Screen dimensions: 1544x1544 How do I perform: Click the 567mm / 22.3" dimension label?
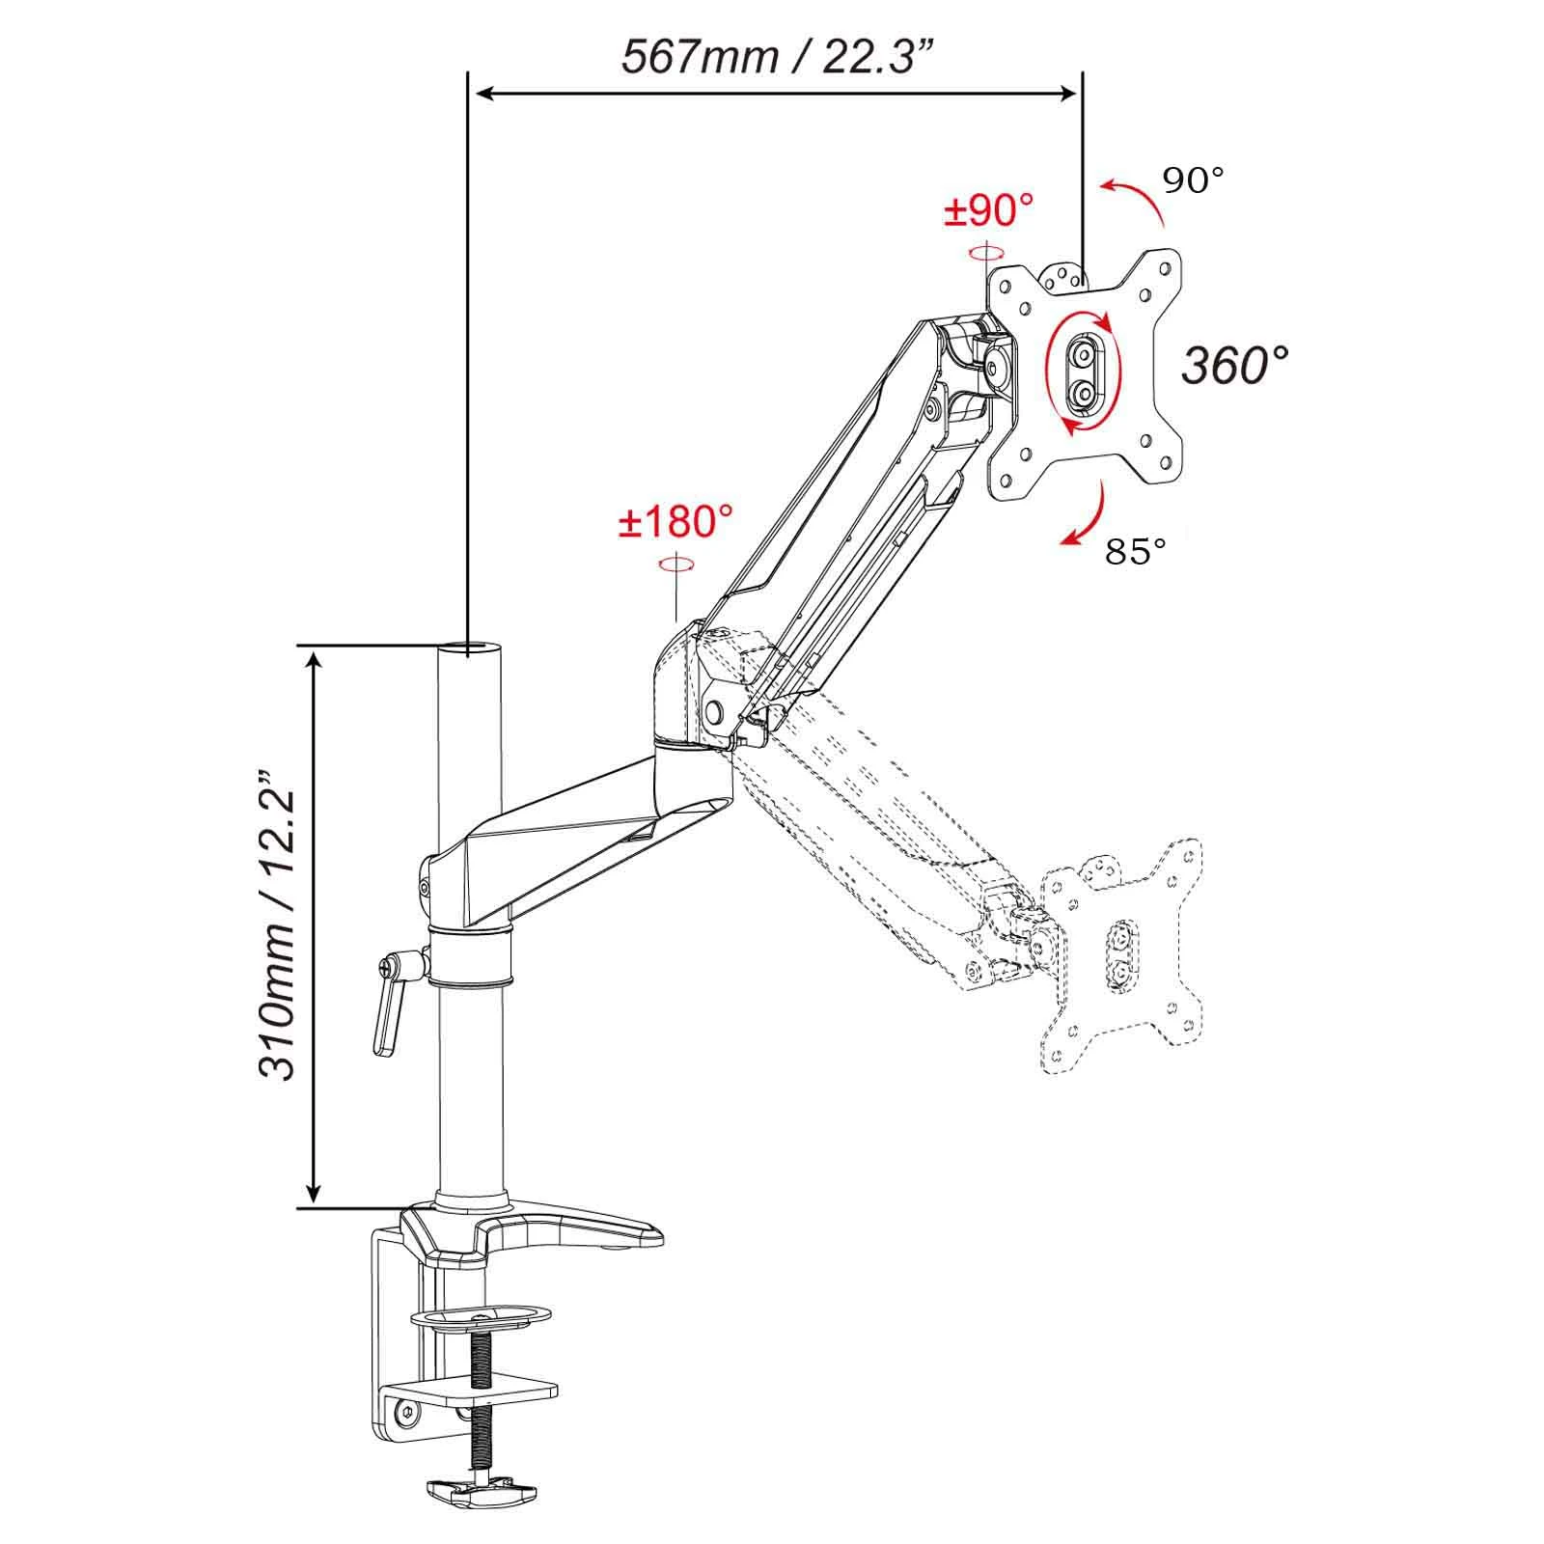click(x=778, y=56)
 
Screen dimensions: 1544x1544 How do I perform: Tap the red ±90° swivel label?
click(x=988, y=210)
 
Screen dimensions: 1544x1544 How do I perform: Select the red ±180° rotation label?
click(x=675, y=522)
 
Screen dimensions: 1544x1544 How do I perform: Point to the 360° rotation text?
click(x=1235, y=365)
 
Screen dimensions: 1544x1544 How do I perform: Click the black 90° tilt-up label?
click(x=1193, y=180)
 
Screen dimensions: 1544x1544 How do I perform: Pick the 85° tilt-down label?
click(x=1136, y=551)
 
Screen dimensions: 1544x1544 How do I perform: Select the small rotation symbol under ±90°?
click(x=985, y=253)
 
